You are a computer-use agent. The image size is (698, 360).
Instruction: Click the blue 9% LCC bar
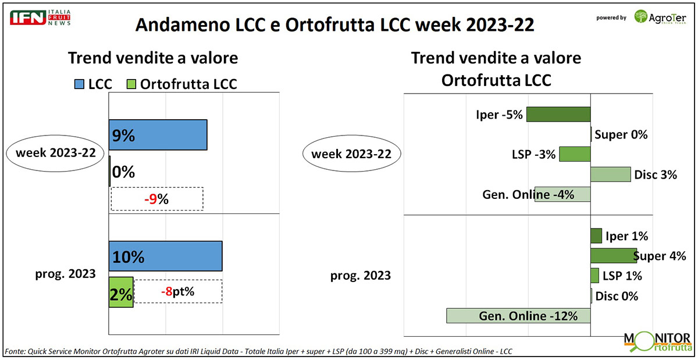coord(158,135)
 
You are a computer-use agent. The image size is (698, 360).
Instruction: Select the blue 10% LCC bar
coord(165,256)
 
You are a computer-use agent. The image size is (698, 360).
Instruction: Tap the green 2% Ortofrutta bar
coord(121,292)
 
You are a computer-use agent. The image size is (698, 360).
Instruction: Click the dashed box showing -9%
coord(157,199)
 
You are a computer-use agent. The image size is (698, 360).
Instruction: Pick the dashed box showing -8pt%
coord(178,291)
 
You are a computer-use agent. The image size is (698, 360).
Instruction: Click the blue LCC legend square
coord(79,84)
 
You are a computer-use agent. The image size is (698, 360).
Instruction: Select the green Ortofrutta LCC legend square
coord(131,84)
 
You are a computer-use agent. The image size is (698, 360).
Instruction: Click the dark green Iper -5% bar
coord(558,115)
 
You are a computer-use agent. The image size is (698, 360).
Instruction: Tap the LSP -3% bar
coord(575,154)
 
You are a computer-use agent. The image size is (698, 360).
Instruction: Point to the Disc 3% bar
coord(611,174)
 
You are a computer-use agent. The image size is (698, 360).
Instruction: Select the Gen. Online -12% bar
coord(518,316)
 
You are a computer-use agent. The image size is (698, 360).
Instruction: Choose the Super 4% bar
coord(614,255)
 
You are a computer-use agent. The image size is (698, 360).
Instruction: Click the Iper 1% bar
coord(596,236)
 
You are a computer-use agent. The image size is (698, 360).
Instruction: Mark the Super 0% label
coord(621,135)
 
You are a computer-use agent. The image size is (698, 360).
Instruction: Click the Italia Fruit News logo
coord(40,17)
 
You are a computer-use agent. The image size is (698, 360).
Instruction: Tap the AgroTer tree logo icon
coord(640,16)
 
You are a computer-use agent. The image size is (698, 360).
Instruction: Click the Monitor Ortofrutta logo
coord(657,342)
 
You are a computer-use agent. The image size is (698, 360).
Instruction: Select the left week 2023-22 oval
coord(55,153)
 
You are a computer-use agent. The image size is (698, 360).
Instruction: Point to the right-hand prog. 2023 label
coord(361,276)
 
